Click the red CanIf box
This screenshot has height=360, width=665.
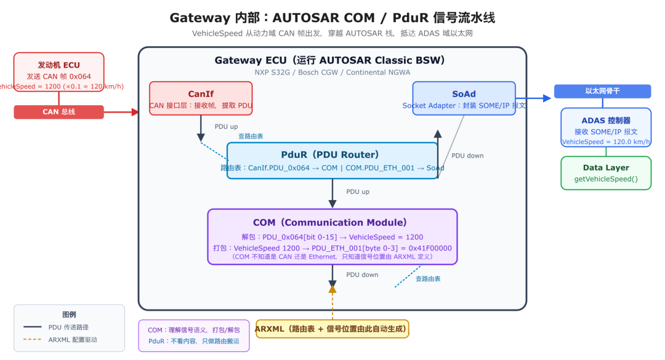tap(200, 98)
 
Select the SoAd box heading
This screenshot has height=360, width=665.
tap(464, 94)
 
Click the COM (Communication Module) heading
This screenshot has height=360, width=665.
tap(332, 222)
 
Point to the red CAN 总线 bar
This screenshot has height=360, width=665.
tap(58, 112)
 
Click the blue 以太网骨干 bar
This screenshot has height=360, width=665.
tap(602, 91)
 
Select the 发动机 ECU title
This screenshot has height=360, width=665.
tap(58, 65)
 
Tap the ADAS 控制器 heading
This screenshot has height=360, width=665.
tap(605, 120)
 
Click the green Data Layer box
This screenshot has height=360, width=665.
tap(605, 173)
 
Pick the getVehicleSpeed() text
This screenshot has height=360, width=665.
tap(605, 180)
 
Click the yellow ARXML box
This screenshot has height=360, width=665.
tap(332, 329)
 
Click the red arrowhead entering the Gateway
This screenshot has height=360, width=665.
tap(135, 112)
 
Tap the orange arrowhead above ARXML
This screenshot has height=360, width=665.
tap(332, 288)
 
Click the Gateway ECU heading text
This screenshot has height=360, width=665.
tap(329, 60)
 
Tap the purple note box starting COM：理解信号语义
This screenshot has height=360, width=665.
tap(194, 335)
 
